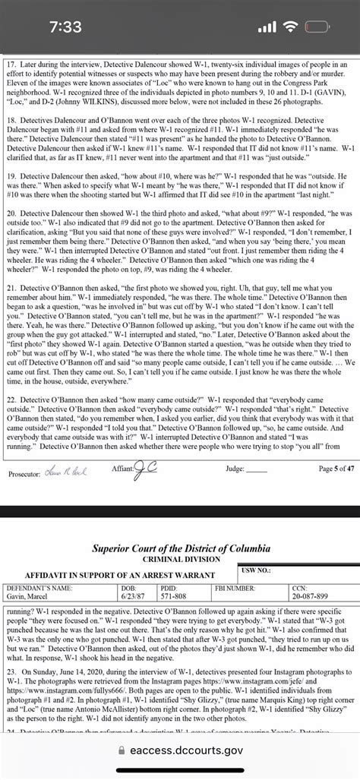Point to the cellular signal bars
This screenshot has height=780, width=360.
point(265,27)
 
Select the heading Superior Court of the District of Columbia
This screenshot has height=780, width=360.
point(180,548)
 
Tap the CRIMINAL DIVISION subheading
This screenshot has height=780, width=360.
point(180,560)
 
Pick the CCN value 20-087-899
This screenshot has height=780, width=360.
point(311,596)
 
